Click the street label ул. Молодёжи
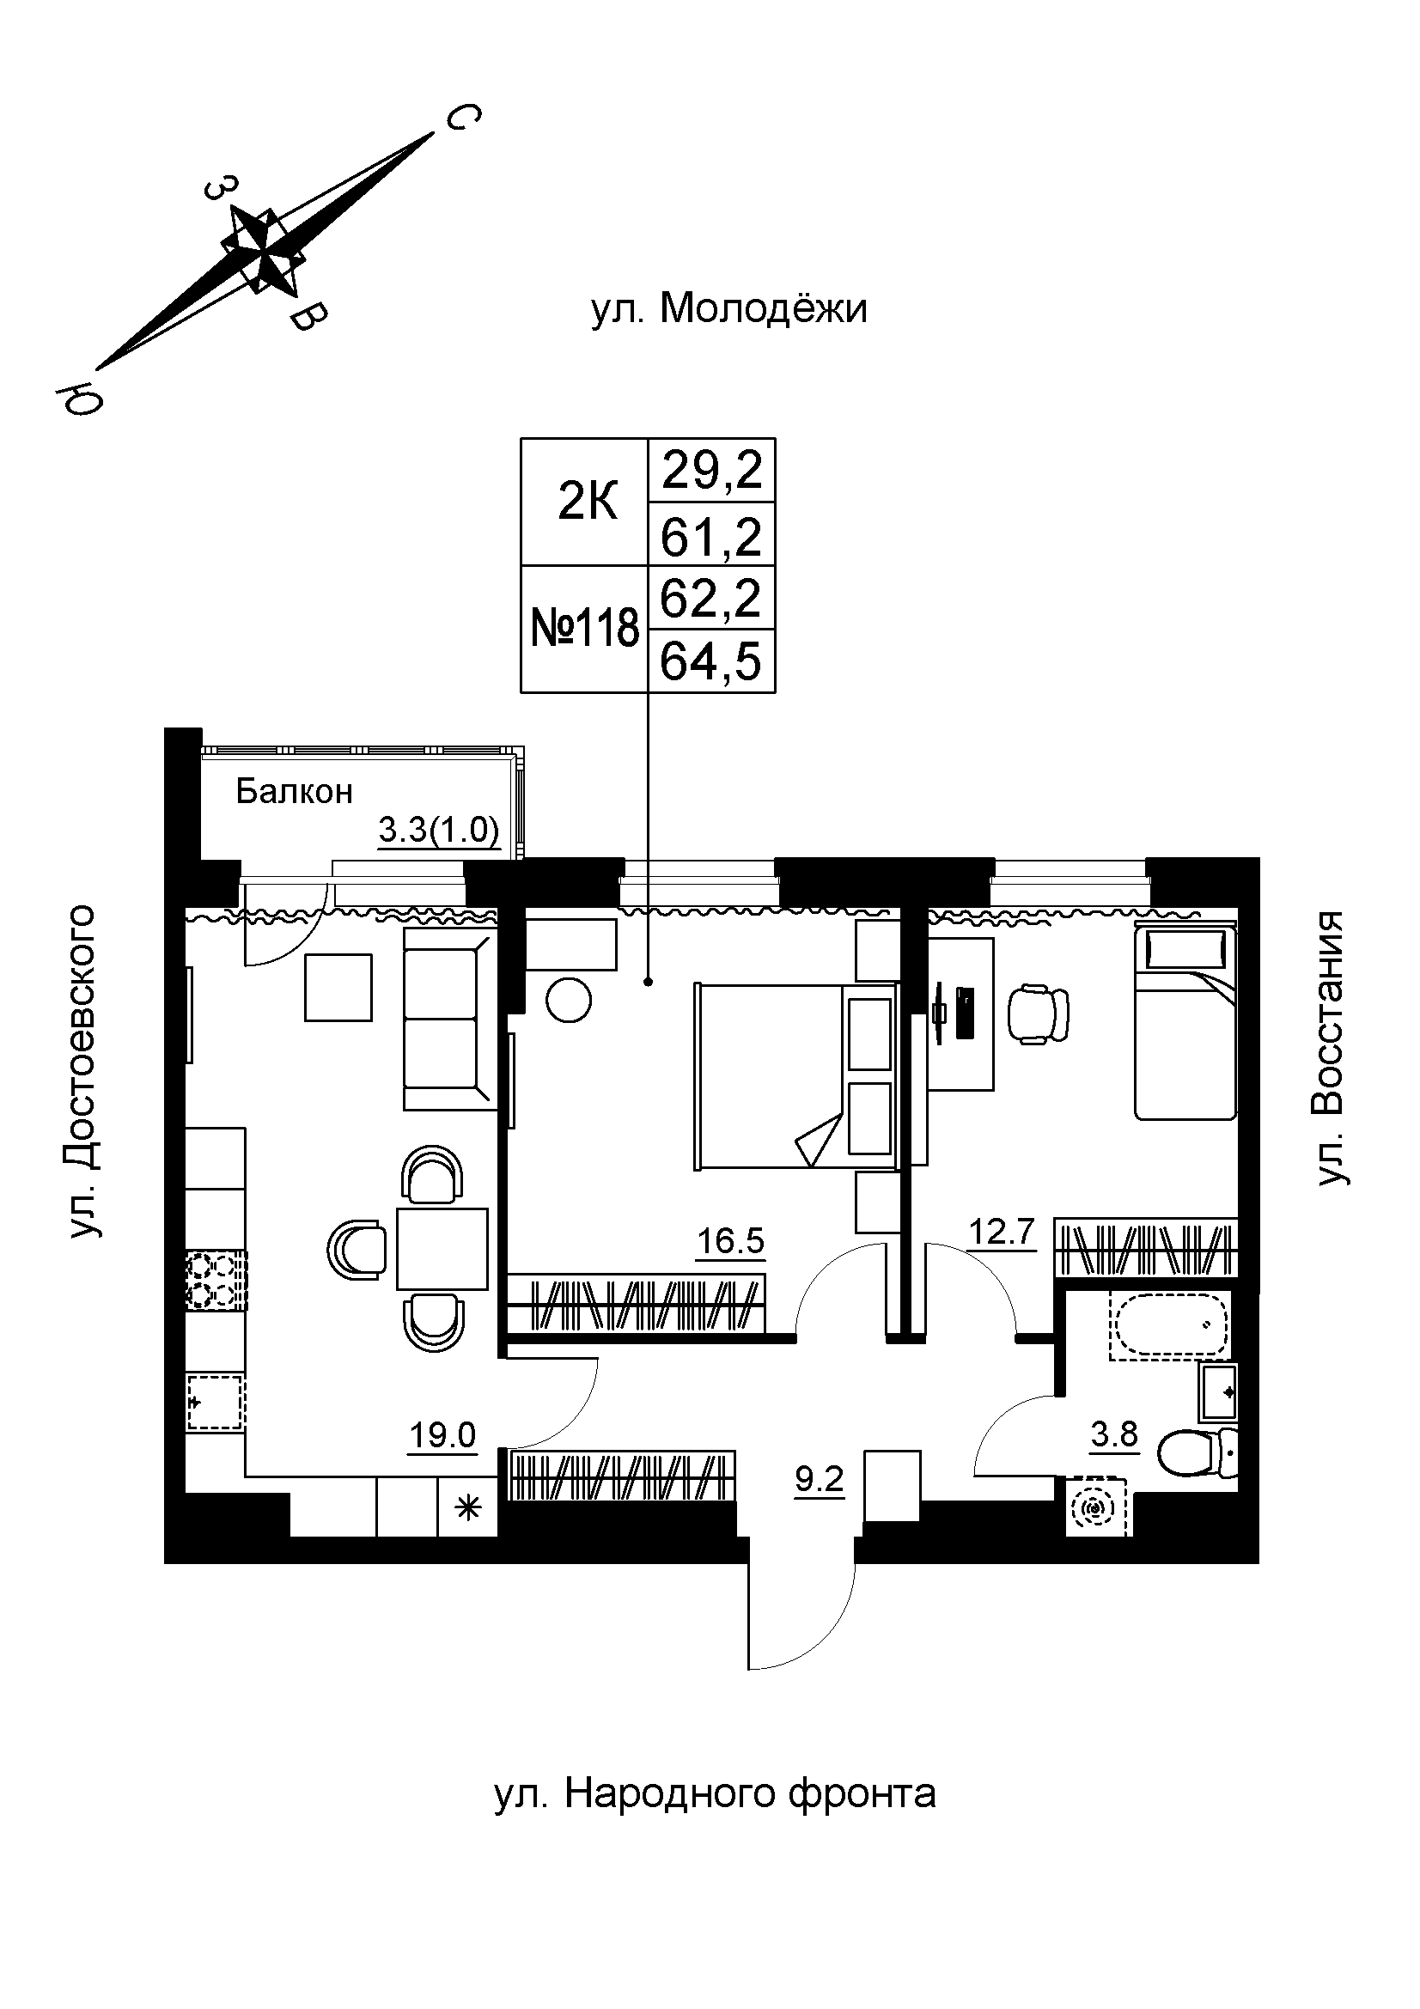(x=728, y=309)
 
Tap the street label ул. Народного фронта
(x=715, y=1793)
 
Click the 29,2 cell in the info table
(x=711, y=471)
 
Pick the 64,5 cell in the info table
(x=711, y=661)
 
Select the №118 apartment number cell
(x=584, y=629)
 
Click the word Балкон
(x=295, y=791)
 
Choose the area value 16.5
(x=730, y=1241)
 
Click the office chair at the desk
(x=1039, y=1014)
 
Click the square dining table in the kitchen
(x=442, y=1248)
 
